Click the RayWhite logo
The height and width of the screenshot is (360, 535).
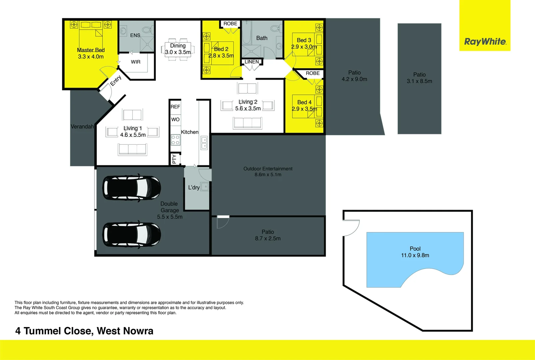coord(485,42)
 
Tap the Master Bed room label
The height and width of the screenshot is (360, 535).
coord(91,50)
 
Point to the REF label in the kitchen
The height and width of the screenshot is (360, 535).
coord(175,107)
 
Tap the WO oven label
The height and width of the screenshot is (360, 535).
coord(175,119)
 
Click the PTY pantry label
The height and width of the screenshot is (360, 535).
coord(174,159)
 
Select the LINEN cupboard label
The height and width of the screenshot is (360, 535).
coord(252,62)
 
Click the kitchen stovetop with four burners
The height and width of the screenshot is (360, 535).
coord(175,140)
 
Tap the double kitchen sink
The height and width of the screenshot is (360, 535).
coord(204,143)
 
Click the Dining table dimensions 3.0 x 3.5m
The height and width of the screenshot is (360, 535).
coord(178,52)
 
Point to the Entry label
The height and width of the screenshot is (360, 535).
coord(116,80)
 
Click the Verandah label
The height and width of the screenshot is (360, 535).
coord(82,127)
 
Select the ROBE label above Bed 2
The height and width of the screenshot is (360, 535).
coord(230,24)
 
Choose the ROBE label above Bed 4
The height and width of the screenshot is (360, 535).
coord(312,73)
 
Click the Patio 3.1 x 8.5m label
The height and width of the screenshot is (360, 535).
coord(419,78)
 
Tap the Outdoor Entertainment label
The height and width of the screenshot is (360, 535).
coord(268,169)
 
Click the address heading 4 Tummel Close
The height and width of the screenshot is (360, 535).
coord(84,331)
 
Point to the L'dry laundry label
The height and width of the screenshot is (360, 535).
coord(194,187)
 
